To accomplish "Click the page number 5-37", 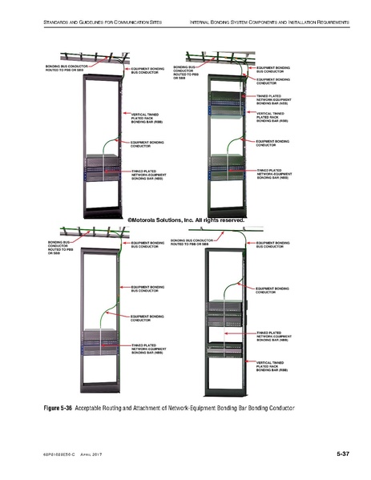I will click(x=342, y=454).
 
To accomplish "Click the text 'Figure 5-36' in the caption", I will click(x=58, y=408).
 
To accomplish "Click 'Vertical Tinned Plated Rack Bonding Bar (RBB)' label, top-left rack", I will click(x=149, y=119).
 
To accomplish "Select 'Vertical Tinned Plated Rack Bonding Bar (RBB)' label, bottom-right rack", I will click(x=272, y=367).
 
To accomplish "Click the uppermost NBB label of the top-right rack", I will click(x=272, y=99).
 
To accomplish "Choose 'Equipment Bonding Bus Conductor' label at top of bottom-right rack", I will click(x=272, y=244).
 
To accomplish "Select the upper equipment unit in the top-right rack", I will click(x=228, y=100).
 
